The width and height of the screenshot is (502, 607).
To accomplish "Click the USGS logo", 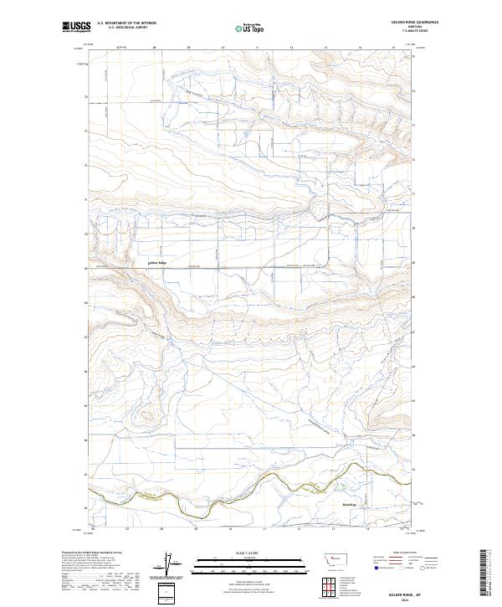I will click(76, 27).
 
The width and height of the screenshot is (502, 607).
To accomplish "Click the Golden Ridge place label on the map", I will click(157, 263).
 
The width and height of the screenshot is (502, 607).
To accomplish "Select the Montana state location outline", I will click(328, 558).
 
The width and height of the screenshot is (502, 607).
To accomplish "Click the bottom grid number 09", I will click(194, 528).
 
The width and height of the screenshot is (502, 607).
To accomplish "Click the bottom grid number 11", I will click(264, 528).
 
